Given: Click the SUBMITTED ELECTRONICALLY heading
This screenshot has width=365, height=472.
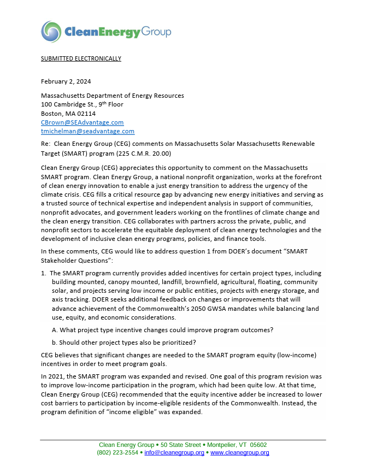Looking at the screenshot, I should point(81,58).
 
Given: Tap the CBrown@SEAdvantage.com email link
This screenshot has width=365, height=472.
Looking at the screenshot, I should point(82,122).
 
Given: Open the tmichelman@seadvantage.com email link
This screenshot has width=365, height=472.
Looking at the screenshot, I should point(87,131).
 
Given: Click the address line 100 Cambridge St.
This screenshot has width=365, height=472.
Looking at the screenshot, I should point(82,104).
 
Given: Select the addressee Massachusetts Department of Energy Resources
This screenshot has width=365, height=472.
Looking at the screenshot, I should point(112,96).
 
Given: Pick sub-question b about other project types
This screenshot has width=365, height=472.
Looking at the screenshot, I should point(123,343).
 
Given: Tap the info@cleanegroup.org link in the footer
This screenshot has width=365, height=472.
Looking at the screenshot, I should point(174,453).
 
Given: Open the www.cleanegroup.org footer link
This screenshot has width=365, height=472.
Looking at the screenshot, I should point(240,453).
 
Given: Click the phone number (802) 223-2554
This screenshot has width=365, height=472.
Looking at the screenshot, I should point(117,453).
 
